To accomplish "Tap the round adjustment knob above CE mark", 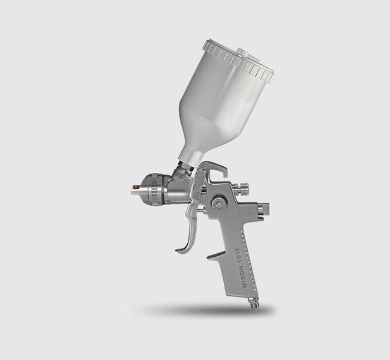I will click(x=219, y=205).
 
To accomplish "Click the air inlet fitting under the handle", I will click(x=254, y=302).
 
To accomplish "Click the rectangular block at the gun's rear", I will click(x=262, y=209).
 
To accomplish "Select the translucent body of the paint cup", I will click(x=216, y=102).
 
